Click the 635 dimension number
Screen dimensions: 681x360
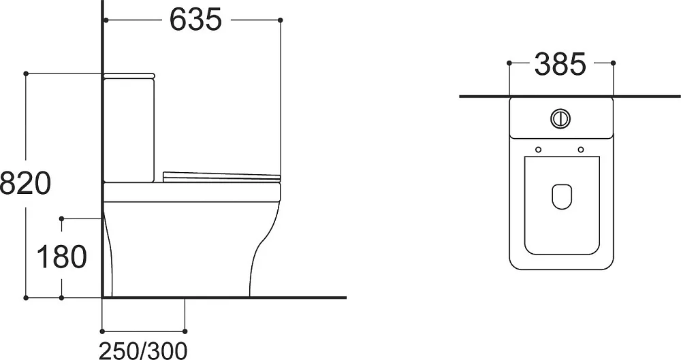[195, 20]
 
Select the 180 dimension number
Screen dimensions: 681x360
[61, 257]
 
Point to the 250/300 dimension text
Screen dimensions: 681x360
[143, 350]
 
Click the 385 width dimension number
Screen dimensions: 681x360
[560, 64]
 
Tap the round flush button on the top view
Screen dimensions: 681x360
[560, 118]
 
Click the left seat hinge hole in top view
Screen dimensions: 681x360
[539, 150]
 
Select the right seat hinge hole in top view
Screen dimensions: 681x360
[581, 150]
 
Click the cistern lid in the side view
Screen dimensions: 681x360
[129, 76]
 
